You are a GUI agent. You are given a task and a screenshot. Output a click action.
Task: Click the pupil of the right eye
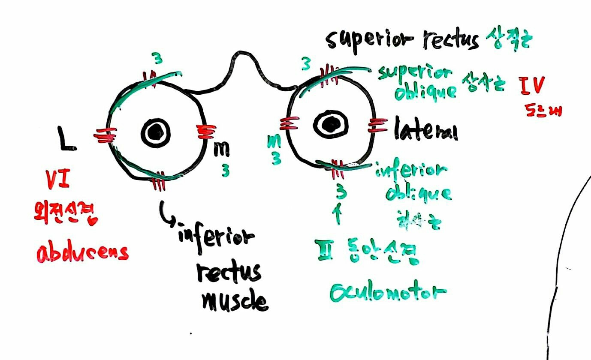(x=330, y=124)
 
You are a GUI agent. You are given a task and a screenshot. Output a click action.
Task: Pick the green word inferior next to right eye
(x=411, y=171)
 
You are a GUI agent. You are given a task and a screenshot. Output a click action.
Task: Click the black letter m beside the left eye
(x=222, y=148)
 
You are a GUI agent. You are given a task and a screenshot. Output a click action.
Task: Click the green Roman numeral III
(x=322, y=248)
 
